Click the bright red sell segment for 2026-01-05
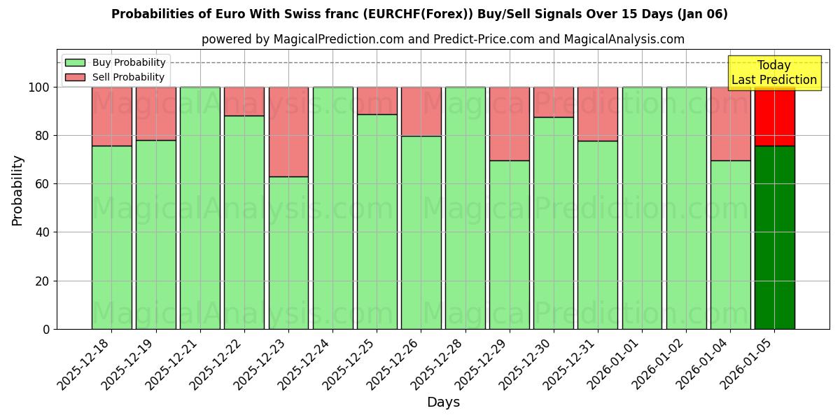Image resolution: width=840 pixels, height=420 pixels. (774, 116)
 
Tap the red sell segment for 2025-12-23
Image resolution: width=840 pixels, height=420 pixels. (288, 132)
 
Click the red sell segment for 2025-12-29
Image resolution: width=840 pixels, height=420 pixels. (509, 124)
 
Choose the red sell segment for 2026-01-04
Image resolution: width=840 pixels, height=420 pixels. (730, 124)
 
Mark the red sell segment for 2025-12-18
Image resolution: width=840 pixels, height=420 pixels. (111, 116)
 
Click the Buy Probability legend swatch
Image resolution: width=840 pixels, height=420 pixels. (75, 63)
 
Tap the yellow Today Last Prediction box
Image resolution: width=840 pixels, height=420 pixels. (773, 73)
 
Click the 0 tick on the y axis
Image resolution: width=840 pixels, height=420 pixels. (46, 329)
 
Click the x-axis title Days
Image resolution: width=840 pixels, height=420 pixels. (443, 402)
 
